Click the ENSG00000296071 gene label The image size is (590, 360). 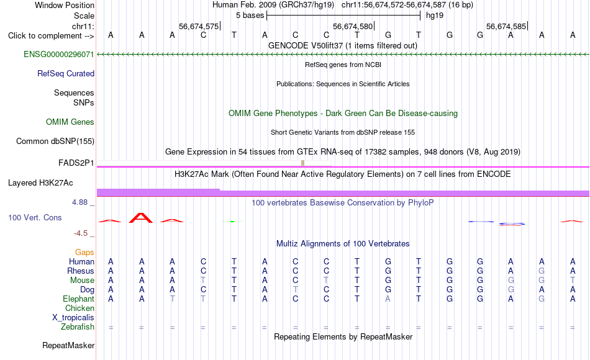59,54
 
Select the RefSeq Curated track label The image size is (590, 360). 66,73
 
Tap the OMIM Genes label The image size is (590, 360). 70,122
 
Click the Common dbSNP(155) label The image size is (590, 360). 55,141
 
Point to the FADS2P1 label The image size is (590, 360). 76,163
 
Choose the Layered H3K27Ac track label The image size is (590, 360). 40,183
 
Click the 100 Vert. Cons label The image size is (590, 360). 35,217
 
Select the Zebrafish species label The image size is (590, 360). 78,326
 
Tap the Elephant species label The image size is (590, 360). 79,299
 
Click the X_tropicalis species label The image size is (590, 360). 73,317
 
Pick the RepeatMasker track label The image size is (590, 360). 68,345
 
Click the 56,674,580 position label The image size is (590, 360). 353,26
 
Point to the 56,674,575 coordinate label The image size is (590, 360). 199,26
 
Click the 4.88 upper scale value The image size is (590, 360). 79,202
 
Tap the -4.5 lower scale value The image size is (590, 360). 81,233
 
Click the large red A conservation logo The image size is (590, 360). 141,218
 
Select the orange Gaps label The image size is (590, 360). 84,252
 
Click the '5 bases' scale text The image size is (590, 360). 250,16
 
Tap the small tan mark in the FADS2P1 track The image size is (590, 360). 303,163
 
